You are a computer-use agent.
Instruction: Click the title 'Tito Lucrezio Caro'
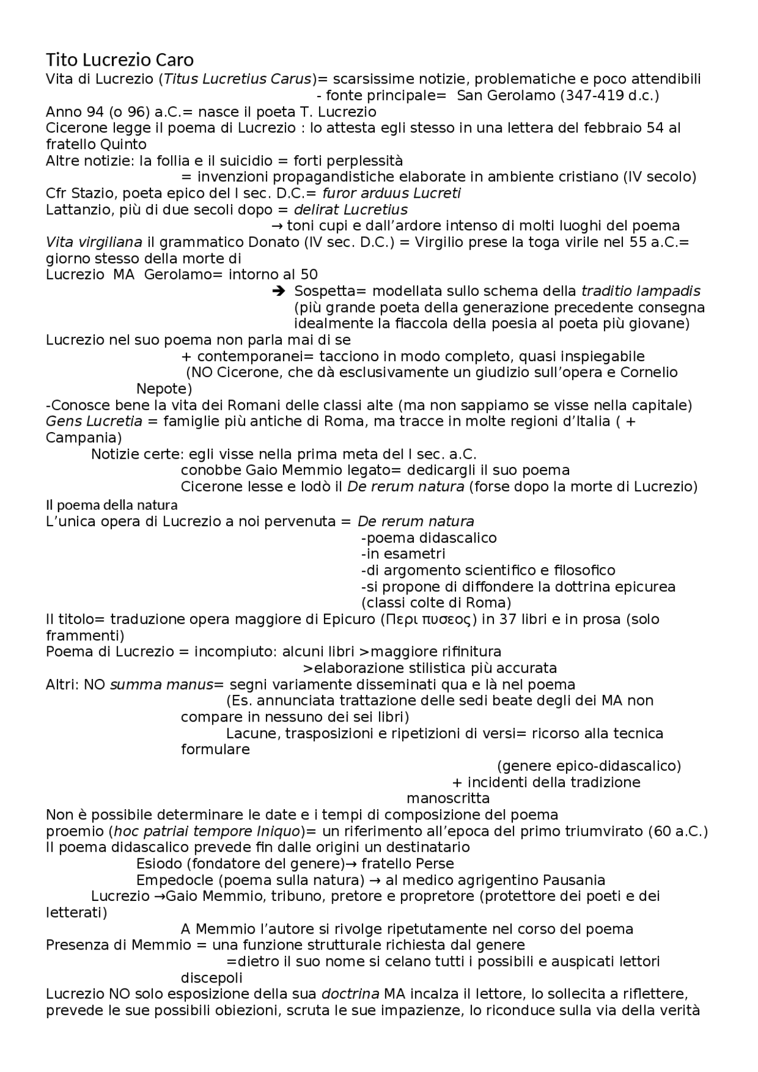(x=120, y=60)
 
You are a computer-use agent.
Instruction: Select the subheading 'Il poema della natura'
(x=111, y=506)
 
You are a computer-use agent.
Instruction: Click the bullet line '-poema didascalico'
(x=429, y=538)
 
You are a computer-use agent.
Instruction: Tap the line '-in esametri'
(x=403, y=554)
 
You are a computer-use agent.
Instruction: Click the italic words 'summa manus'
(x=161, y=685)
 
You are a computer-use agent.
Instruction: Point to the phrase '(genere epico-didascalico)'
(x=589, y=766)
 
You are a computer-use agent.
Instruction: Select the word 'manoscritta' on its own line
(x=448, y=799)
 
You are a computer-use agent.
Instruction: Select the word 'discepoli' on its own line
(x=211, y=977)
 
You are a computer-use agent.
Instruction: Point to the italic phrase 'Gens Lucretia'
(x=94, y=421)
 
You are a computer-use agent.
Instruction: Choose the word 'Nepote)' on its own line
(x=164, y=389)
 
